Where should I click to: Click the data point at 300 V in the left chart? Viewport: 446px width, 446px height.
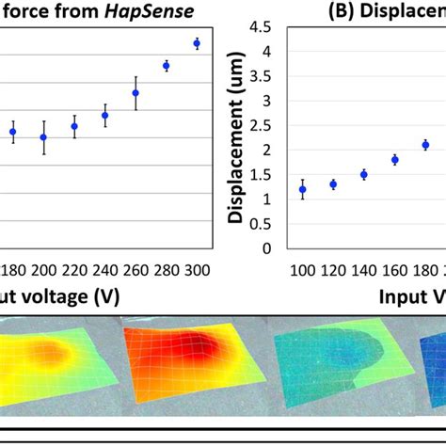pos(197,43)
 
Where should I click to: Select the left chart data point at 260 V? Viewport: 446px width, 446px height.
pos(135,93)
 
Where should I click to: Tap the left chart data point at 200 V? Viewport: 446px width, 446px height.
pos(43,137)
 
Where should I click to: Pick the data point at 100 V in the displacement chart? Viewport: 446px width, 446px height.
pos(302,189)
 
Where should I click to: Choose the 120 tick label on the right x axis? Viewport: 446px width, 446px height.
pos(333,273)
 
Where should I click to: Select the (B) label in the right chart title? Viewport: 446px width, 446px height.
pos(312,9)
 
